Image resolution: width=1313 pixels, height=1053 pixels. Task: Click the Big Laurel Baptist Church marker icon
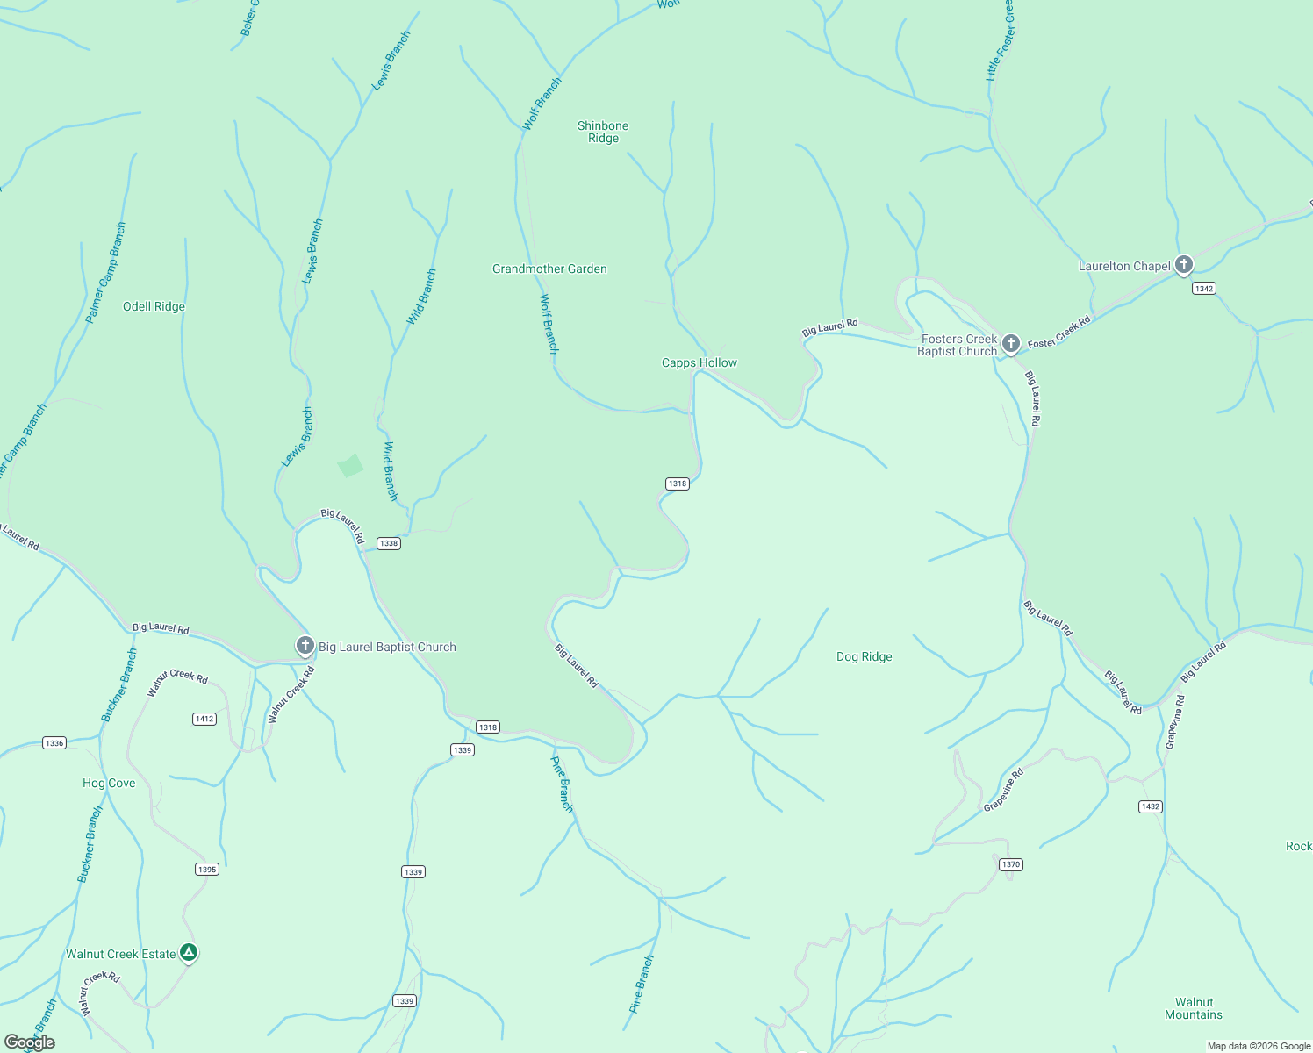pos(305,647)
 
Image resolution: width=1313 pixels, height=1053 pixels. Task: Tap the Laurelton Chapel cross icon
pos(1183,264)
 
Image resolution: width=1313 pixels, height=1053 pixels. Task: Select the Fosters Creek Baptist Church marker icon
pos(1010,344)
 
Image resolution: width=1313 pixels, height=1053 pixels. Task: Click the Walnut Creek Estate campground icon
pos(188,953)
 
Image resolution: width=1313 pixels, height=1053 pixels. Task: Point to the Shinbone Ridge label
pos(603,132)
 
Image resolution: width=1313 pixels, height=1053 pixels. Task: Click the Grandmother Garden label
pos(549,269)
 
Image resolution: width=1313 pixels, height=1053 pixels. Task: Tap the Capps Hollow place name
pos(699,362)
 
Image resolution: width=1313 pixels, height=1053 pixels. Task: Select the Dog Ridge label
pos(864,656)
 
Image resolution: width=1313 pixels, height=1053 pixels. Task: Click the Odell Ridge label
pos(154,306)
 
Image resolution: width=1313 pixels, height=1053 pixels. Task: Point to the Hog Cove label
pos(109,783)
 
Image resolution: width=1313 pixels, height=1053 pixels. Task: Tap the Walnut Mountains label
pos(1193,1008)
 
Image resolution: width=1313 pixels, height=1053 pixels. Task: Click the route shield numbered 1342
pos(1203,289)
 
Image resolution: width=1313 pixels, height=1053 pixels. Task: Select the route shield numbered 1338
pos(388,543)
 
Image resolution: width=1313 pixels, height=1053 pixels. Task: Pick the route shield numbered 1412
pos(204,719)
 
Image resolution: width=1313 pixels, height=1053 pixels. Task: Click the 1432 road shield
pos(1150,806)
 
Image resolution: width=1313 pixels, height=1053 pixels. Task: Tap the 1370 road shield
pos(1010,864)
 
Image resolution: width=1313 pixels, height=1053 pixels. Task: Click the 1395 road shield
pos(206,870)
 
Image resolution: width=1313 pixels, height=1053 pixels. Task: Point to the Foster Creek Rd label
pos(1058,332)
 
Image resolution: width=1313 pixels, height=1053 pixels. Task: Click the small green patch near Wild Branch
pos(350,465)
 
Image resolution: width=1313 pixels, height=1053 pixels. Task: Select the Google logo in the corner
pos(29,1042)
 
